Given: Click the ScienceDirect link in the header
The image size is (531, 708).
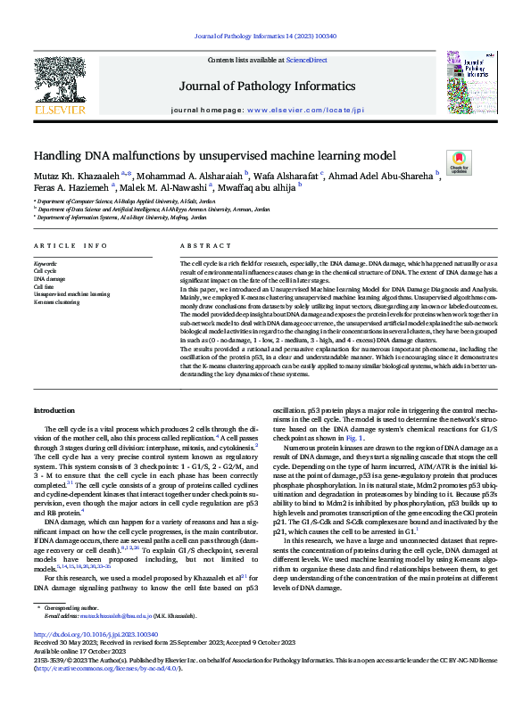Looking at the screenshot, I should [305, 59].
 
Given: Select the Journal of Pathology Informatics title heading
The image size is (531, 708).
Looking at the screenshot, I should [265, 86].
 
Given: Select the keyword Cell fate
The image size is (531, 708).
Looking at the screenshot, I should [45, 285].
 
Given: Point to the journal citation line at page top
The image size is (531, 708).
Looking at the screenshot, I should [265, 37].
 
